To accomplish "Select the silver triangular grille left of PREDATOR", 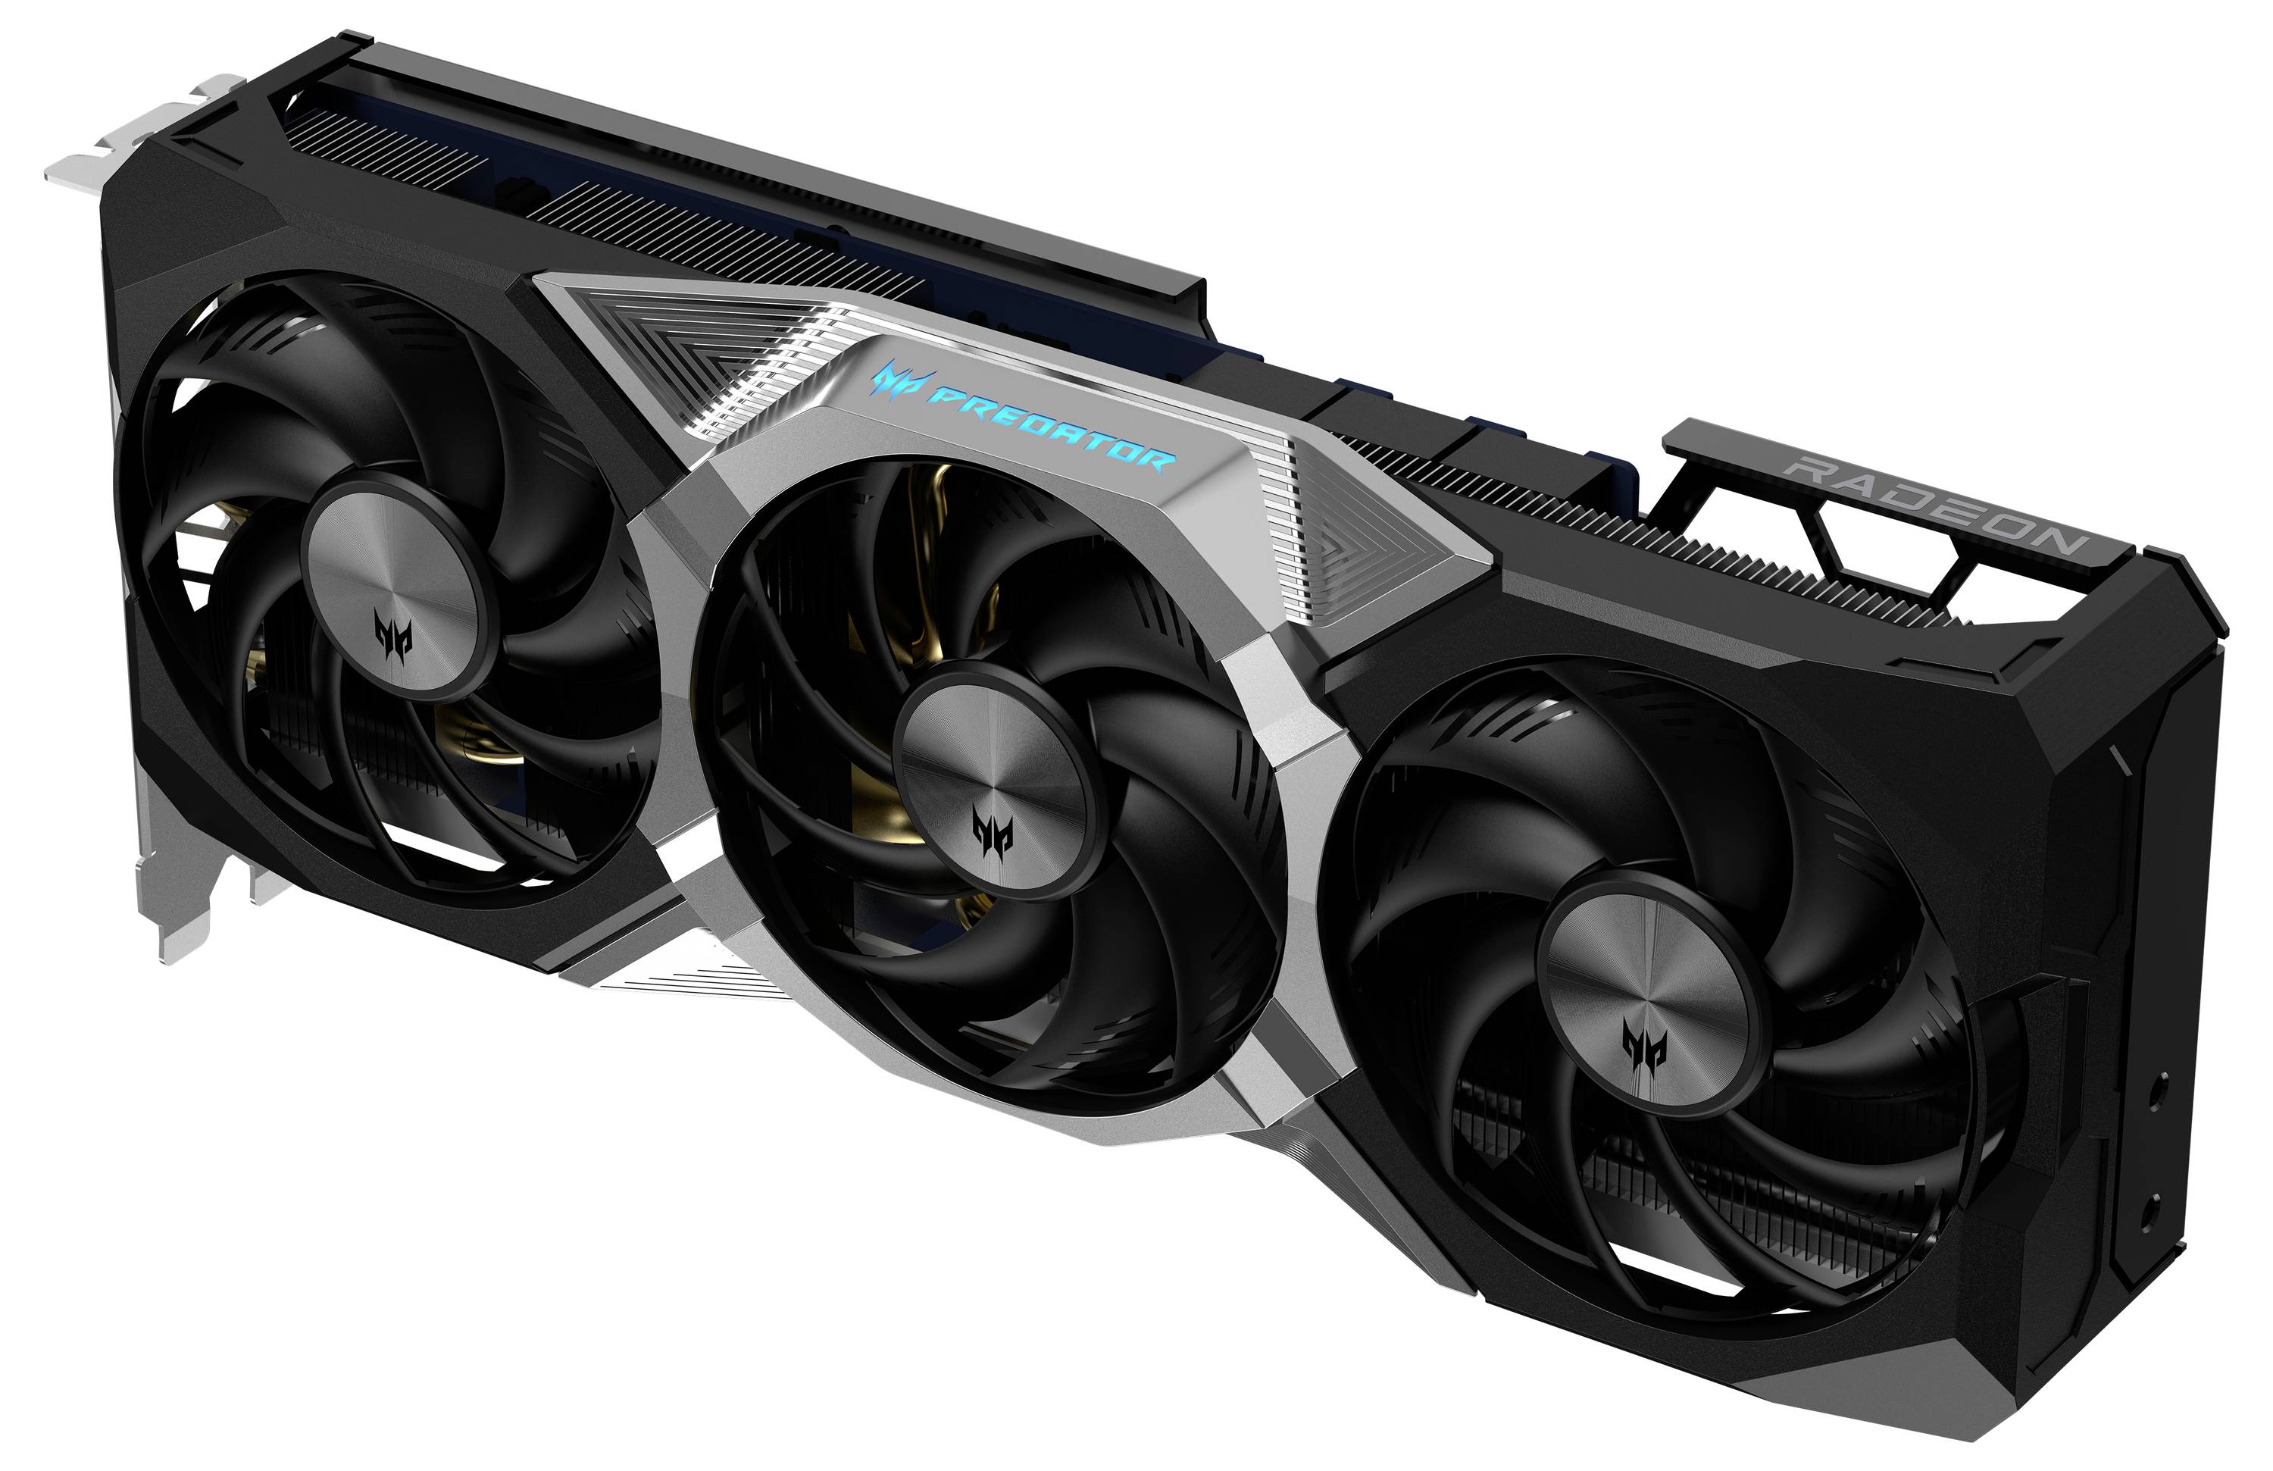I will [688, 353].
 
